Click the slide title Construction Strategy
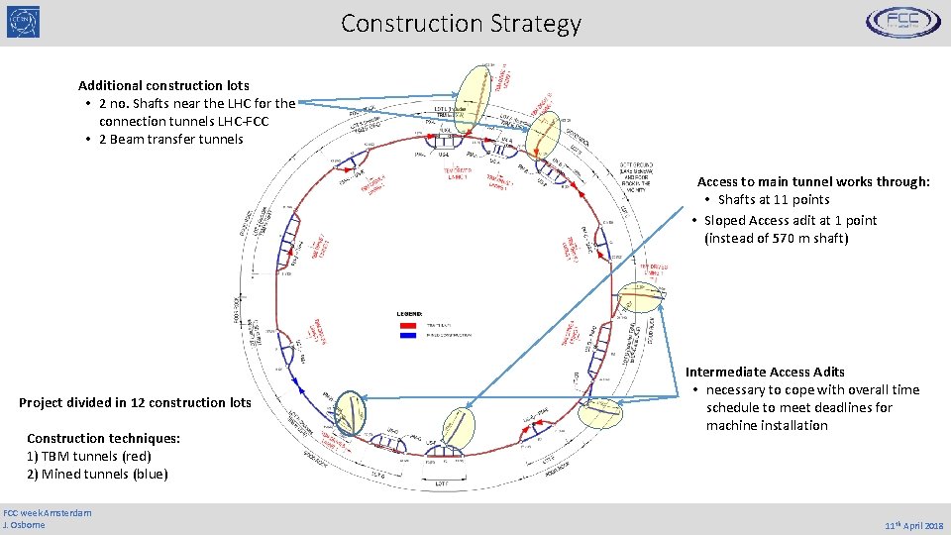(461, 23)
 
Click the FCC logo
(902, 22)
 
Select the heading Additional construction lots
(163, 86)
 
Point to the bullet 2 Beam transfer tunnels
(170, 140)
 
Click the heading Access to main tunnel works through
(813, 182)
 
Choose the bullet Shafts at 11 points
(774, 200)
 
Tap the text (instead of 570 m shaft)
(776, 238)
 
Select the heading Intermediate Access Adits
(765, 373)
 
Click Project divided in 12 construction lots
(135, 402)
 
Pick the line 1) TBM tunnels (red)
(89, 456)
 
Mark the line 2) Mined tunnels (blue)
(97, 474)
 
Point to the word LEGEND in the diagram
(409, 313)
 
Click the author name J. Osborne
(25, 524)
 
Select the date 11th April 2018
(914, 524)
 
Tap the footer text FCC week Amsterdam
(48, 512)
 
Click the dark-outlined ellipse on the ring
(351, 413)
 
